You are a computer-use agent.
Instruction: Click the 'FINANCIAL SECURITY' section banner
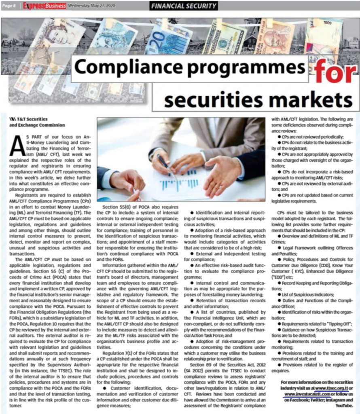tap(183, 6)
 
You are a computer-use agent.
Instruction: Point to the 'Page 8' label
tap(9, 6)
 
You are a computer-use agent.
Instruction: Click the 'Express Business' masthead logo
tap(44, 6)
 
